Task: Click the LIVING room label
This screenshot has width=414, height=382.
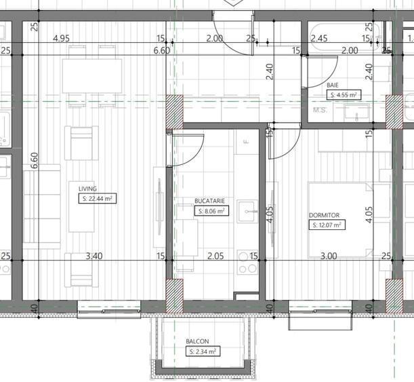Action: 87,189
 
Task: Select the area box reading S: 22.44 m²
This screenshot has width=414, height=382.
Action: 98,199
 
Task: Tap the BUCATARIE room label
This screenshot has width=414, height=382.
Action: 209,202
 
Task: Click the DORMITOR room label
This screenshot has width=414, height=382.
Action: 323,215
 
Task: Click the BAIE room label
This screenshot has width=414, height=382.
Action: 332,85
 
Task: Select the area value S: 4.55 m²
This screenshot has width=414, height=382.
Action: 343,95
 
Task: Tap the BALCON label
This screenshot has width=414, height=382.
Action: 197,342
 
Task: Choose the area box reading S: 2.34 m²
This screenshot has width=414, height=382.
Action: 201,351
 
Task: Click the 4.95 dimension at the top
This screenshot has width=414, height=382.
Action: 62,39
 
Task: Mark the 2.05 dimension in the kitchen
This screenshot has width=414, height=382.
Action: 214,256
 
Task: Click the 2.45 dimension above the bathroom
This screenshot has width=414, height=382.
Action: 319,39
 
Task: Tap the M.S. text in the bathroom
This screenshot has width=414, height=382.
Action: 320,109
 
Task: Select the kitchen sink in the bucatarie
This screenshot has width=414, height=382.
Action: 249,210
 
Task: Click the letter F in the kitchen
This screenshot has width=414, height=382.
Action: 247,141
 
